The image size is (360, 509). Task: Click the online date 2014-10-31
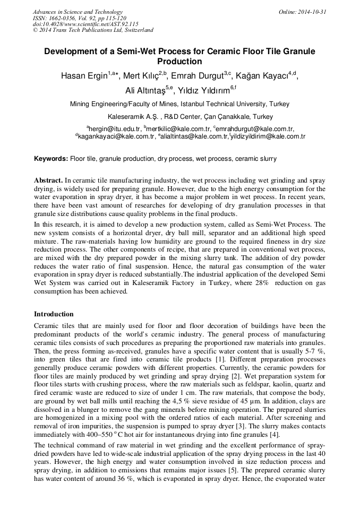311,12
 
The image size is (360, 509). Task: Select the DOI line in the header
85,24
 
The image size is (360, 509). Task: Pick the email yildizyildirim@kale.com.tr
268,136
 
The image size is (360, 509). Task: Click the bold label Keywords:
51,159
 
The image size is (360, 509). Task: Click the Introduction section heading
54,314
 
